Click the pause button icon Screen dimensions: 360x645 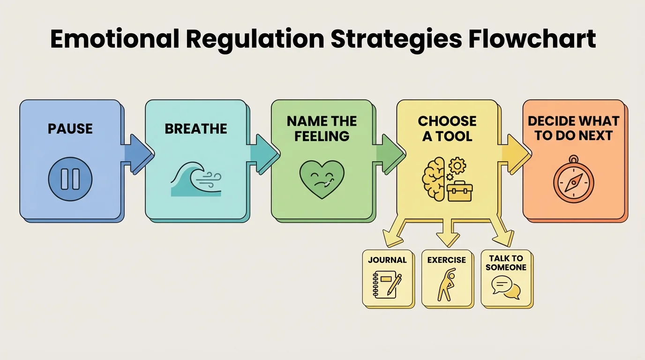(70, 179)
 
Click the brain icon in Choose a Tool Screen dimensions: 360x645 (434, 179)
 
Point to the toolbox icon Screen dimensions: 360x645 (459, 191)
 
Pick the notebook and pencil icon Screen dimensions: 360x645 (387, 285)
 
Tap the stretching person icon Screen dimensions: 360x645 (446, 285)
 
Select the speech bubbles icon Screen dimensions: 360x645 (506, 287)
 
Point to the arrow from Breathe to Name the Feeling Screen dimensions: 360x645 (262, 150)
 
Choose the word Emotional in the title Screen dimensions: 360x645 (114, 39)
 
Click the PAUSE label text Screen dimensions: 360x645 (70, 128)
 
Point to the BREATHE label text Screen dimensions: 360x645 (195, 128)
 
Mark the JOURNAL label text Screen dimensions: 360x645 (387, 260)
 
